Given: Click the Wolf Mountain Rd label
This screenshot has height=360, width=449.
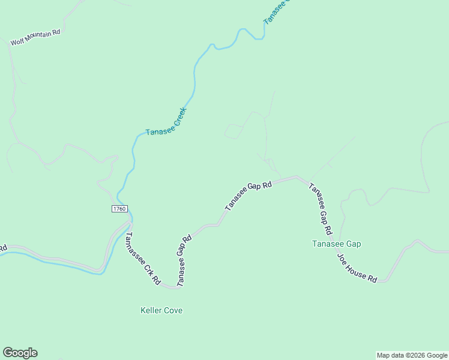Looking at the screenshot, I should coord(36,37).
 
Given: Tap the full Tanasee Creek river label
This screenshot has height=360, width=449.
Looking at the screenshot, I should coord(166,121).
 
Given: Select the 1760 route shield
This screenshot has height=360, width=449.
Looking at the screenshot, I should coord(119,208).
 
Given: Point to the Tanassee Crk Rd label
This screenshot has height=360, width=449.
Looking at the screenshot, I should coord(142,258).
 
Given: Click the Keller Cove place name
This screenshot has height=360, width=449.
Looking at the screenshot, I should coord(161,310).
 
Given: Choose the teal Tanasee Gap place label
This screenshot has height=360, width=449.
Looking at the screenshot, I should coord(336,244).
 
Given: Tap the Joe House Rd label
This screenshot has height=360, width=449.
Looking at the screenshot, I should coord(357,268).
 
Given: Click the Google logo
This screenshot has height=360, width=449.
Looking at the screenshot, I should coord(20,353).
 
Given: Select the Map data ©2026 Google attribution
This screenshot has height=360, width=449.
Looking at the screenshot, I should coord(412,355).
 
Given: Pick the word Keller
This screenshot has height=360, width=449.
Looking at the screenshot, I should coord(151,310).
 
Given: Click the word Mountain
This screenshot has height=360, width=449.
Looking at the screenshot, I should coord(38,37).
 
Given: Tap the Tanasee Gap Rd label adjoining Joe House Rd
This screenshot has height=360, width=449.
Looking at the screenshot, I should coord(320,208).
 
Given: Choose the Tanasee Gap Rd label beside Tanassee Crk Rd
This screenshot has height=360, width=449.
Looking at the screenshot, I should coord(184,260).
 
